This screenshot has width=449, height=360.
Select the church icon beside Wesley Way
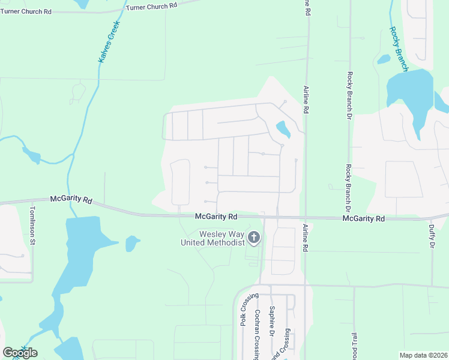254,238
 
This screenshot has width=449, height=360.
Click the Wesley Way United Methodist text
214,238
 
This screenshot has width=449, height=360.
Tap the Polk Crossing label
245,309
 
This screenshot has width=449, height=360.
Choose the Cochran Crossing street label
257,334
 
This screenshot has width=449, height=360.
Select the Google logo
20,352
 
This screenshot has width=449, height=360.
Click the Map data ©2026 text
423,355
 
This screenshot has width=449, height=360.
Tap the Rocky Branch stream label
399,49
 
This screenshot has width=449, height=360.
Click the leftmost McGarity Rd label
71,199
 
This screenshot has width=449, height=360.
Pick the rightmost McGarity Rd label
363,219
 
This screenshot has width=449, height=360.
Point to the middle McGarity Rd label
216,216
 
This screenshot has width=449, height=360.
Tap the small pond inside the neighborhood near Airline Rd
282,129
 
